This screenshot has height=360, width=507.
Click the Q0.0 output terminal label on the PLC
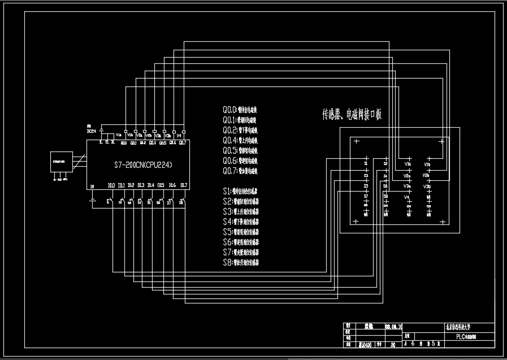click(x=124, y=143)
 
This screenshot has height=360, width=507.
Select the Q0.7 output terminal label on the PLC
click(x=183, y=143)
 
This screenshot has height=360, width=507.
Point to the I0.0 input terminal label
click(x=111, y=185)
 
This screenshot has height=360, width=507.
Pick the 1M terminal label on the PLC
click(x=92, y=186)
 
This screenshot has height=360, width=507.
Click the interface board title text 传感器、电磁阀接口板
click(x=352, y=115)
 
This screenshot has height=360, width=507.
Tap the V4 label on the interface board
click(x=406, y=197)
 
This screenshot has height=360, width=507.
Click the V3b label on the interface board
click(x=427, y=185)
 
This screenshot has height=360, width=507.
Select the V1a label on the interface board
click(x=408, y=164)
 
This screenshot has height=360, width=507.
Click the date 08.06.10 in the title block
click(x=393, y=327)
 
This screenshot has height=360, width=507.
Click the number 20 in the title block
click(x=392, y=343)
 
